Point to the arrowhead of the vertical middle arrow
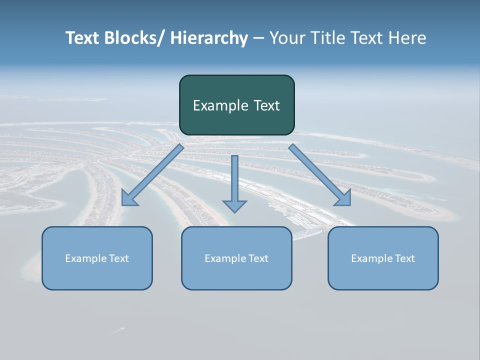tap(234, 206)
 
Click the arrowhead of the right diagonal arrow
tap(344, 198)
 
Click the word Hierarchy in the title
tap(209, 38)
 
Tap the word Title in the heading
tap(328, 38)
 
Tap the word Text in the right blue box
tap(404, 258)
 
